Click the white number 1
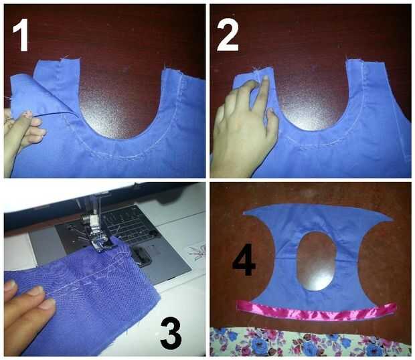point(21,35)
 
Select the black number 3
point(171,332)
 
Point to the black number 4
point(244,260)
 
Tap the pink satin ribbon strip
point(316,311)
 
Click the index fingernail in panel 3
point(36,291)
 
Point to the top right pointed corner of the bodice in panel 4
point(392,220)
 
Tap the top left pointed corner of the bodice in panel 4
point(244,213)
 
